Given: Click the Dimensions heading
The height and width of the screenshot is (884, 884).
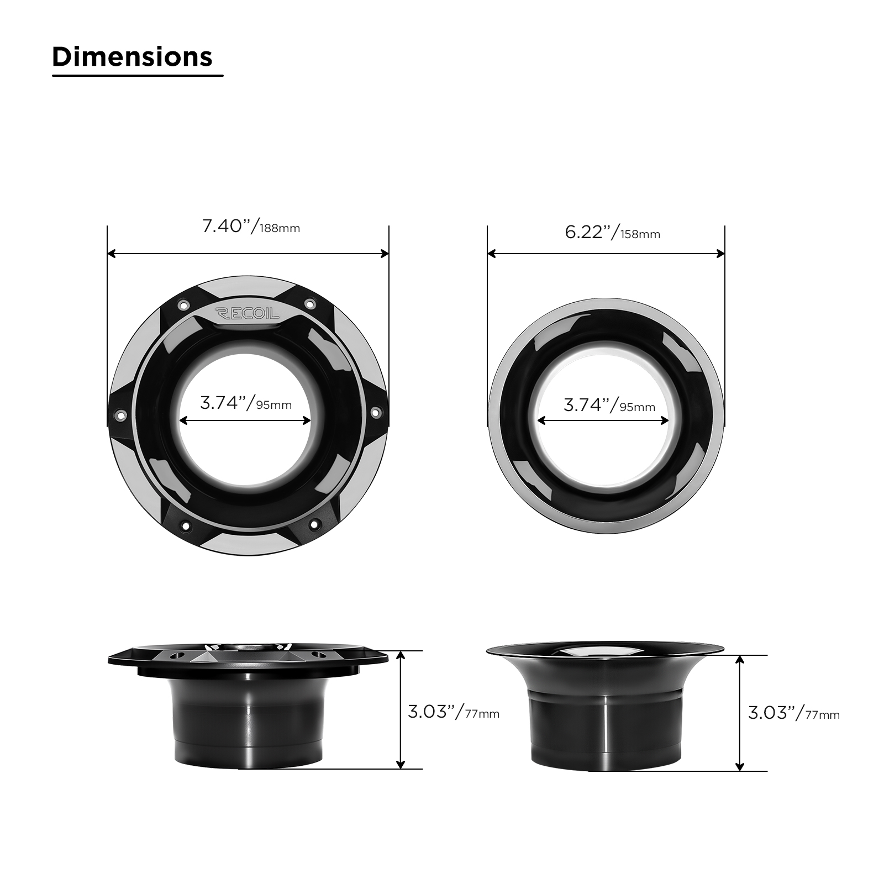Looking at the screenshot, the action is point(133,57).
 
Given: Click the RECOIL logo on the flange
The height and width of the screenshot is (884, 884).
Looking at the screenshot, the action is point(247,314).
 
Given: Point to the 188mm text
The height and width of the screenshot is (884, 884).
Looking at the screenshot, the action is point(280,229).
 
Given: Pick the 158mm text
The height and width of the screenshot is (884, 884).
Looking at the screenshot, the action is point(640,235).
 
